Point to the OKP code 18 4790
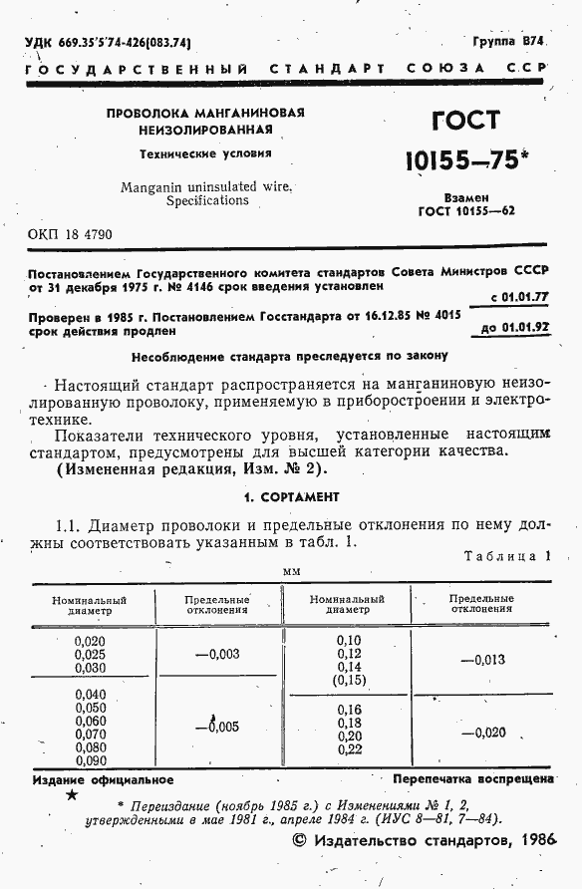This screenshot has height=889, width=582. click(x=69, y=235)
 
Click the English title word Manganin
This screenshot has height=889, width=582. click(x=150, y=186)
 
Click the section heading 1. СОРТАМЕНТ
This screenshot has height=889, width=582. click(x=291, y=496)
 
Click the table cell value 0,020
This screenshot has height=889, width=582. click(x=90, y=640)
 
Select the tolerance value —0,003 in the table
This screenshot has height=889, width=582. click(x=217, y=654)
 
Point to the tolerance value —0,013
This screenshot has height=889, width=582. click(x=483, y=659)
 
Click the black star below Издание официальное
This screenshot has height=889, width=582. click(x=72, y=795)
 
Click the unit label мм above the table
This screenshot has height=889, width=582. click(x=291, y=572)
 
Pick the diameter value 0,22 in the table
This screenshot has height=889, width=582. click(x=348, y=749)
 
